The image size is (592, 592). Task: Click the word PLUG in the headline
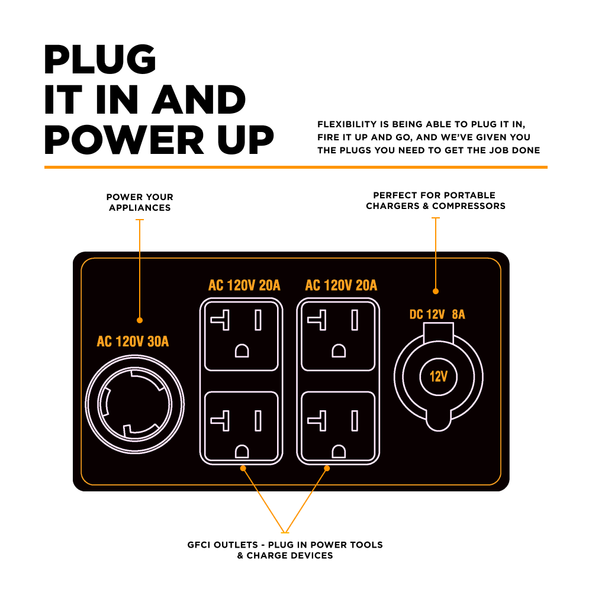coord(100,59)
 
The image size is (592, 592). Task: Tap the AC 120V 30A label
coord(133,342)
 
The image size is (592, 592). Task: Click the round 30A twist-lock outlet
coord(135,404)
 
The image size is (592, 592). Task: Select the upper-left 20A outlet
coord(242,336)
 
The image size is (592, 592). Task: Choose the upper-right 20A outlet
coord(338,336)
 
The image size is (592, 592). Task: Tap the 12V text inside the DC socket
coord(438,377)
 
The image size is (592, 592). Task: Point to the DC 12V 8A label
coord(437,314)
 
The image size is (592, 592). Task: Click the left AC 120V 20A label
coord(244,285)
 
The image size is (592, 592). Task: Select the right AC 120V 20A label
coord(341,285)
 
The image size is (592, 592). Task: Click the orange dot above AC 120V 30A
coord(140,320)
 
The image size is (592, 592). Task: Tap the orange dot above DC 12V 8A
coord(436,291)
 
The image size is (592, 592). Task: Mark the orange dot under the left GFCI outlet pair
coord(243,468)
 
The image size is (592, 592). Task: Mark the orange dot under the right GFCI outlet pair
coord(327,468)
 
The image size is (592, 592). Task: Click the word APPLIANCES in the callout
coord(140,208)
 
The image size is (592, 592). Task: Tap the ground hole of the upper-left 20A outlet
coord(242,350)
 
